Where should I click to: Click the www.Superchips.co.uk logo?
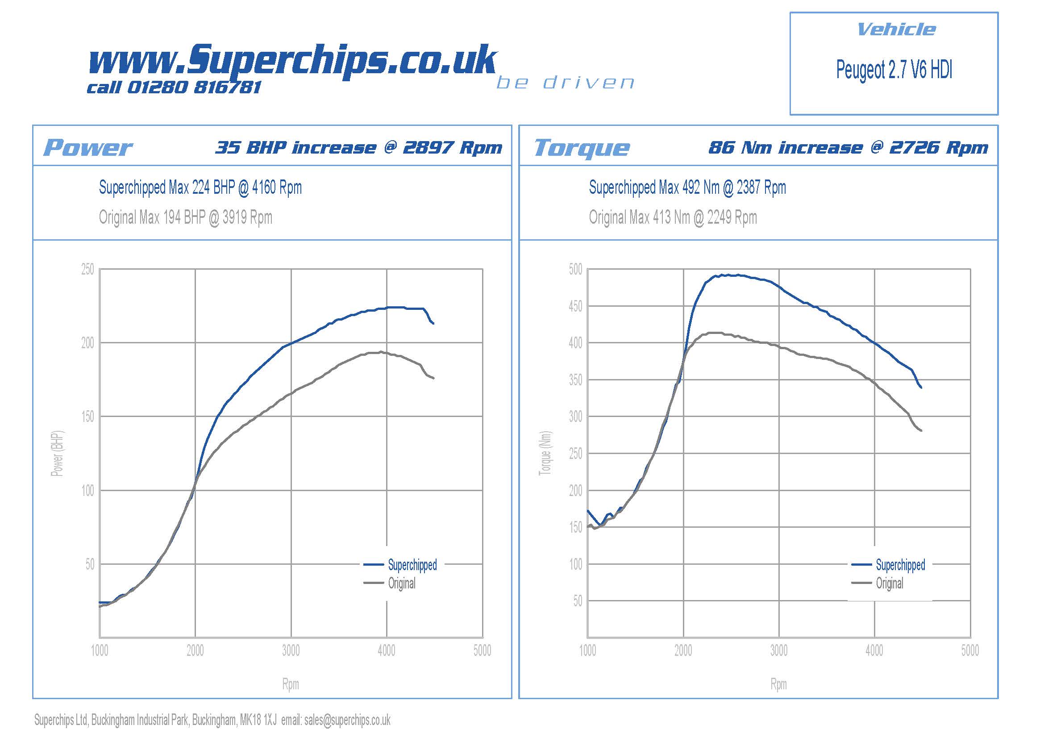click(292, 60)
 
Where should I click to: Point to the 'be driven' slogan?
click(565, 83)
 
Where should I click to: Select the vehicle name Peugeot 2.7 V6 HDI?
click(894, 70)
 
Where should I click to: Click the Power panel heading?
click(88, 148)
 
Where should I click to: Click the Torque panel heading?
click(582, 148)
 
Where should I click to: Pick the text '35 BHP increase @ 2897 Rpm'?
click(359, 148)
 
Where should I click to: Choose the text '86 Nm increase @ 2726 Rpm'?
click(848, 148)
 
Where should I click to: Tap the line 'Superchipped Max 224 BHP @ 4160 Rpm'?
click(200, 188)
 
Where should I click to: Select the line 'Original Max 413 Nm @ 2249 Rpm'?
click(673, 217)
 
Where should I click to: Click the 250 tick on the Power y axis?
click(87, 269)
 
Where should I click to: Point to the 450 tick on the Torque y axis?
click(575, 306)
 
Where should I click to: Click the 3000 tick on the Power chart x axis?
click(291, 650)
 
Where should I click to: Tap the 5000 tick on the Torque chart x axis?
click(970, 650)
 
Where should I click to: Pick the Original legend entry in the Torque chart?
click(890, 583)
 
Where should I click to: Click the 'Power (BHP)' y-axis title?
click(57, 453)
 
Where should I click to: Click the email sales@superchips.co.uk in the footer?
click(347, 720)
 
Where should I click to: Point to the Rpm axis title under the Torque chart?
click(778, 684)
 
